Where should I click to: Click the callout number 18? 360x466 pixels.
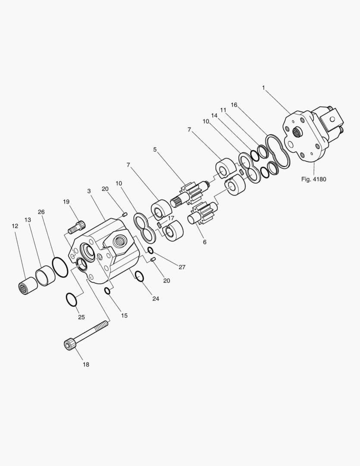click(x=86, y=364)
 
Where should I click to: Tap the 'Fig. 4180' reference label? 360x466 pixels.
click(x=314, y=179)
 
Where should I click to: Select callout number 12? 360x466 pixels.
click(x=15, y=226)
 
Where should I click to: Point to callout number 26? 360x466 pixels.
click(x=41, y=212)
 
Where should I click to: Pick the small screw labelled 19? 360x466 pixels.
click(x=77, y=226)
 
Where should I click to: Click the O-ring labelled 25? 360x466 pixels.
click(x=71, y=299)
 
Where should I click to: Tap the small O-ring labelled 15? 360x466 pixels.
click(x=108, y=291)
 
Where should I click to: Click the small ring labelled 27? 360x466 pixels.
click(x=150, y=251)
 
